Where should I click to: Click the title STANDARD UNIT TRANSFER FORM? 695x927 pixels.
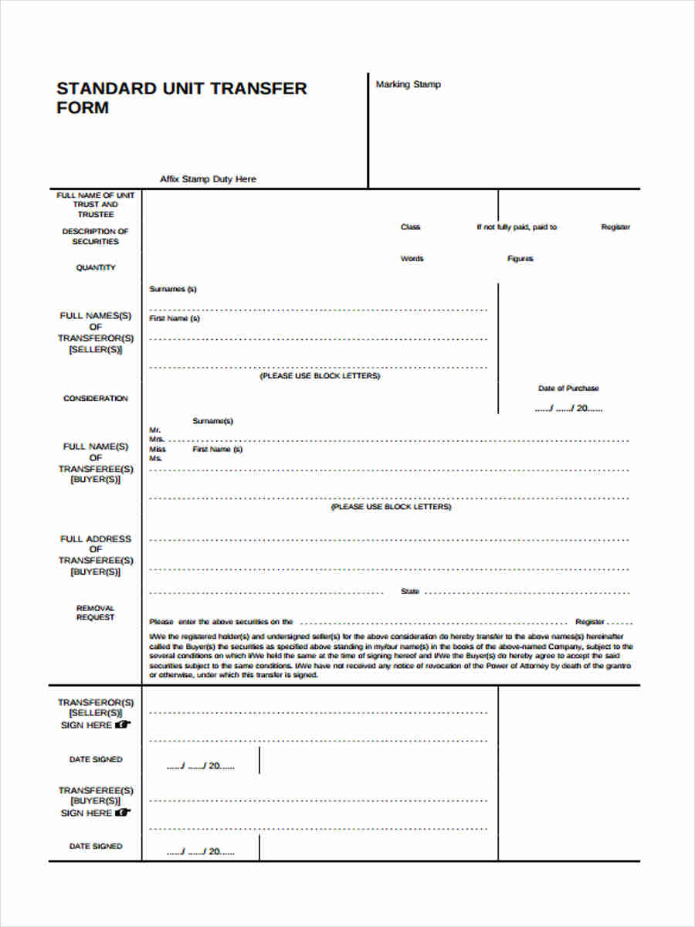(x=181, y=97)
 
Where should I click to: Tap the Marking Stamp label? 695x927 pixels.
(x=408, y=84)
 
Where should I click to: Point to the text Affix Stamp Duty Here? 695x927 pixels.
(x=208, y=179)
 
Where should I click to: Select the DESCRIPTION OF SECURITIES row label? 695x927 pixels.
(x=96, y=236)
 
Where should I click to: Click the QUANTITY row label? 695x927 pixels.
(x=96, y=267)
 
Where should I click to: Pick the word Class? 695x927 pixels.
(x=410, y=227)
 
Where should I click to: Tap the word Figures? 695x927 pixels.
(x=520, y=259)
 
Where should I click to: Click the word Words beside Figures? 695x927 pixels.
(x=412, y=259)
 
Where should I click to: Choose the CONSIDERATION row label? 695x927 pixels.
(x=96, y=399)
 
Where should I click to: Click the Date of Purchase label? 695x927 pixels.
(x=568, y=389)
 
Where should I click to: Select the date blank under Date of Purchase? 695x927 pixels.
(x=568, y=409)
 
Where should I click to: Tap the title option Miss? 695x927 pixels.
(x=158, y=449)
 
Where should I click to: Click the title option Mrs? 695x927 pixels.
(x=157, y=439)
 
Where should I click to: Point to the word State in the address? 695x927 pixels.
(x=410, y=592)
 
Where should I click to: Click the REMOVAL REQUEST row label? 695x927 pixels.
(x=96, y=613)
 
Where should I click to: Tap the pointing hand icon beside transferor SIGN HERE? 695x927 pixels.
(x=124, y=725)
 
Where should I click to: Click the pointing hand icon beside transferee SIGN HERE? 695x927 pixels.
(x=124, y=813)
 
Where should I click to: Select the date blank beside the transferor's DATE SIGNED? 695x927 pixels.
(x=200, y=766)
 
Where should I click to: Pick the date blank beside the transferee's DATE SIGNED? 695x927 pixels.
(x=200, y=852)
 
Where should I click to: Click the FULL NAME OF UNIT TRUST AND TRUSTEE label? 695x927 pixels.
(x=96, y=205)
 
